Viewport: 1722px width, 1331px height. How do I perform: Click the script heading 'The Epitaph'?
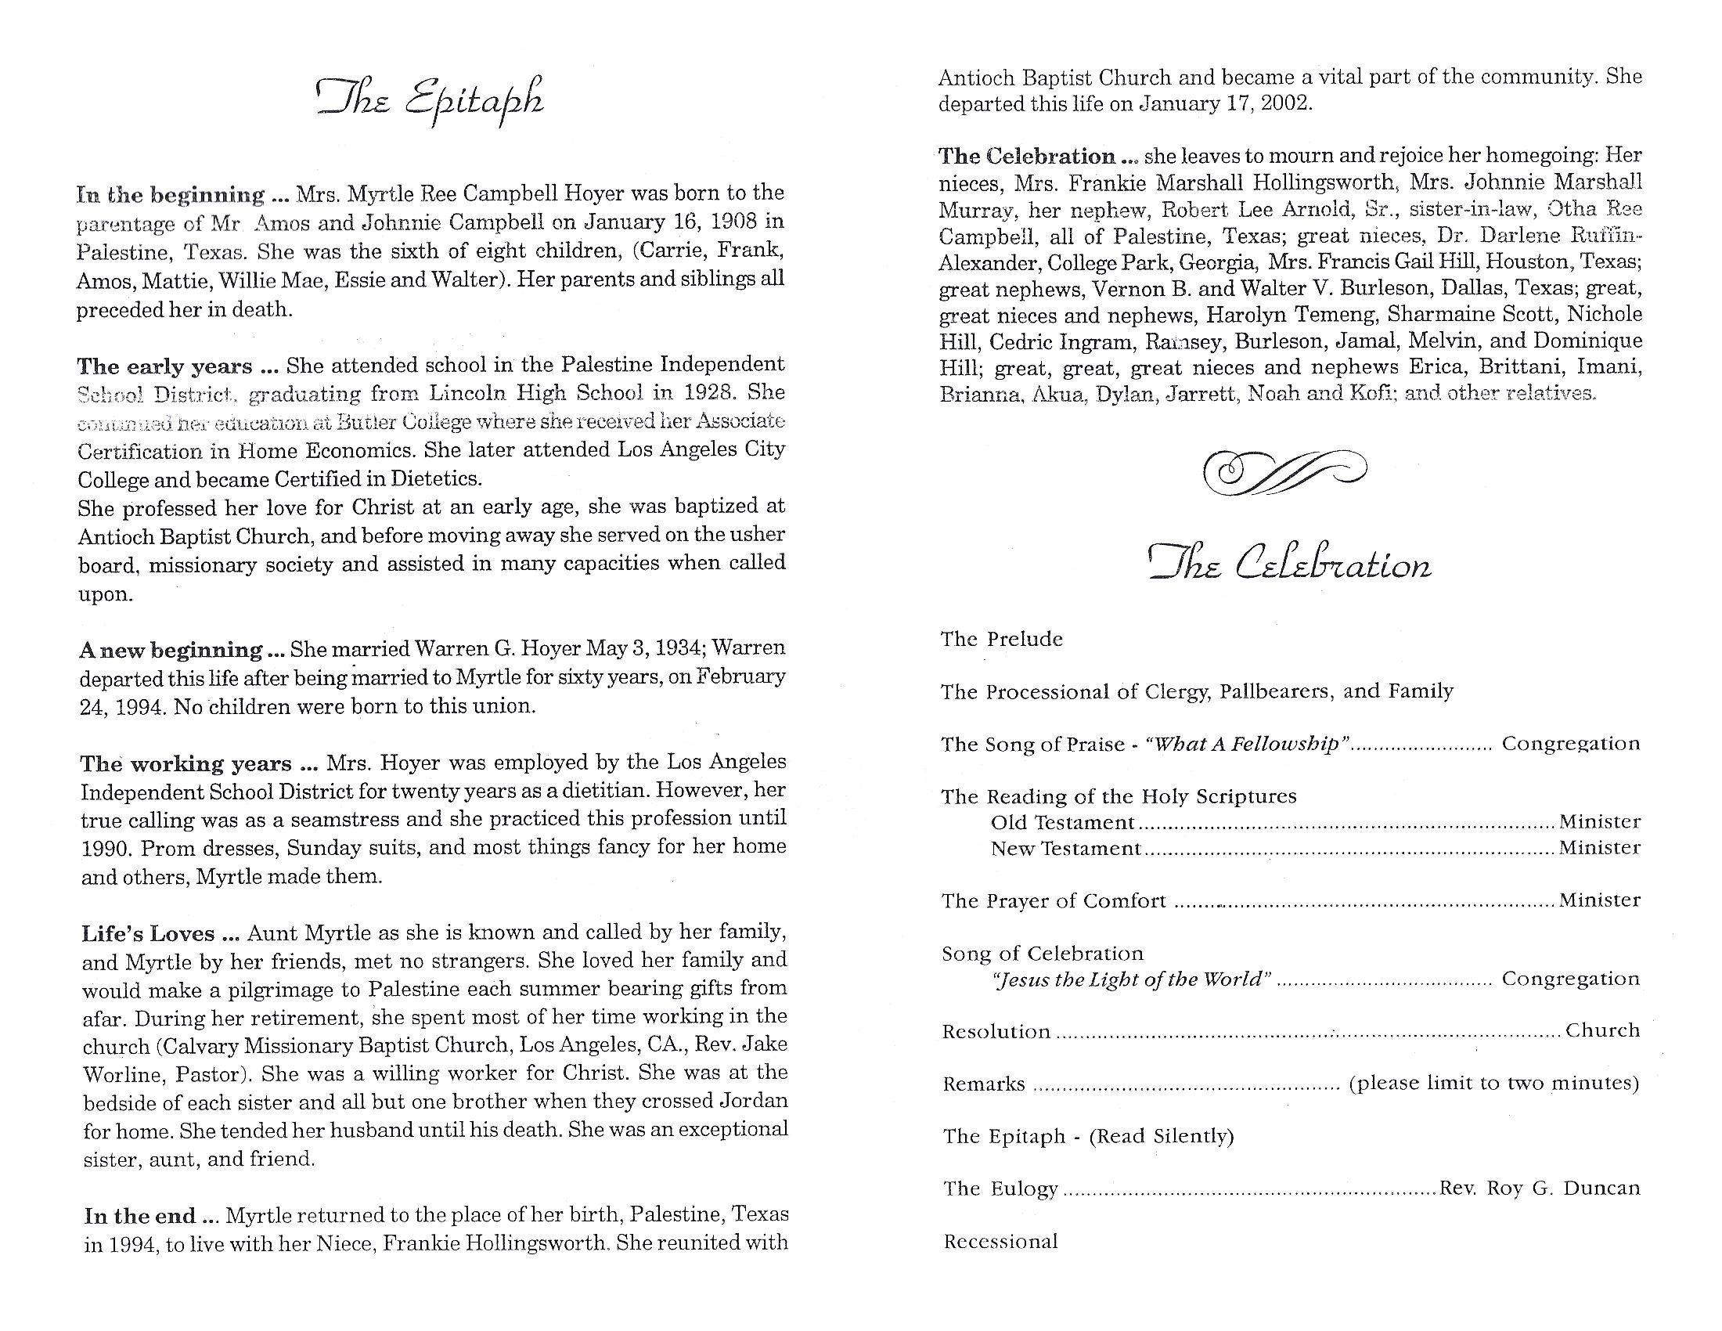coord(430,99)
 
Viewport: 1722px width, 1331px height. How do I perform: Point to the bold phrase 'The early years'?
coord(165,366)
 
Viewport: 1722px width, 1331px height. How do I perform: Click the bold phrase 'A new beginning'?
coord(171,651)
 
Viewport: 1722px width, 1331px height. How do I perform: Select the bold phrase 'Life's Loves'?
coord(148,934)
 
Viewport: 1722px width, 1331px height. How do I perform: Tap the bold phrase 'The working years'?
coord(186,764)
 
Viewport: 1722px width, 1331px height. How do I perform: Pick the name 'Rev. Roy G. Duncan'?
coord(1539,1189)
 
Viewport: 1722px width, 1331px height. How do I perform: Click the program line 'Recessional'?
coord(1000,1242)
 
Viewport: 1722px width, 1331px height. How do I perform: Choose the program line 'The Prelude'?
coord(1001,639)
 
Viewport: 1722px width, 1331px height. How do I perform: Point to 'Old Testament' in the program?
coord(1062,822)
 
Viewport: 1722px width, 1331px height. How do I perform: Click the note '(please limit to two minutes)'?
coord(1494,1084)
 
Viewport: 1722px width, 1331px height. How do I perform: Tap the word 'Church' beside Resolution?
coord(1602,1030)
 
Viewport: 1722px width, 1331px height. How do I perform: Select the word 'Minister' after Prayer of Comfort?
coord(1600,900)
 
